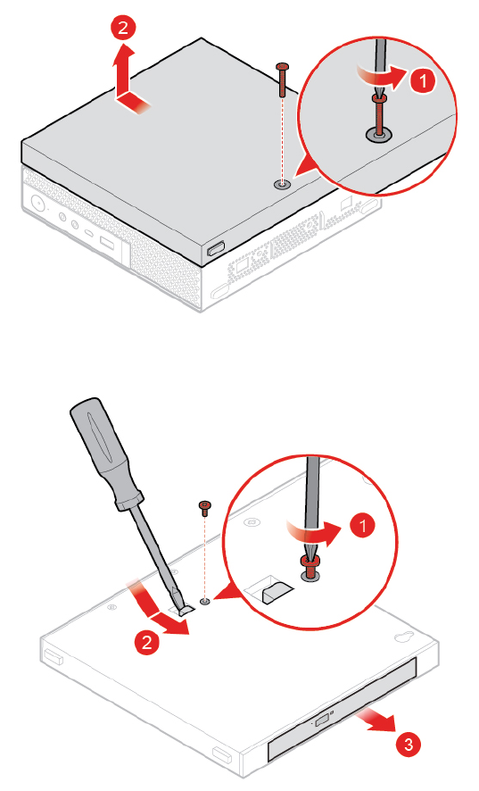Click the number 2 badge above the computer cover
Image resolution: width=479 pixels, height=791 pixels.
tap(123, 28)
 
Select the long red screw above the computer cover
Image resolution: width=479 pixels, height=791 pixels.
tap(283, 79)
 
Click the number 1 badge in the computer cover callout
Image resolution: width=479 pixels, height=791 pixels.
tap(423, 80)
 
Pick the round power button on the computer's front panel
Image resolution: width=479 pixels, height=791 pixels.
tap(37, 203)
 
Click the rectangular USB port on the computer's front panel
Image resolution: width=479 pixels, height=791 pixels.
tap(108, 244)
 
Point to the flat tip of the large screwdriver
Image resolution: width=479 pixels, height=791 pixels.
tap(184, 609)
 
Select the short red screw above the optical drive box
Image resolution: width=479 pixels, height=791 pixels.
tap(205, 508)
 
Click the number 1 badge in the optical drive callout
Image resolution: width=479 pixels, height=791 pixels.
tap(362, 526)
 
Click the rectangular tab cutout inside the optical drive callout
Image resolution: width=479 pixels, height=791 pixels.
tap(268, 588)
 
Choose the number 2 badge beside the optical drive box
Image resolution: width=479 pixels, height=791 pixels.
tap(147, 642)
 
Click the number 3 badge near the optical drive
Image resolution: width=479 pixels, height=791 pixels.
tap(409, 744)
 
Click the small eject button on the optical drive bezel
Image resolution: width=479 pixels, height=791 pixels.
tap(321, 722)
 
